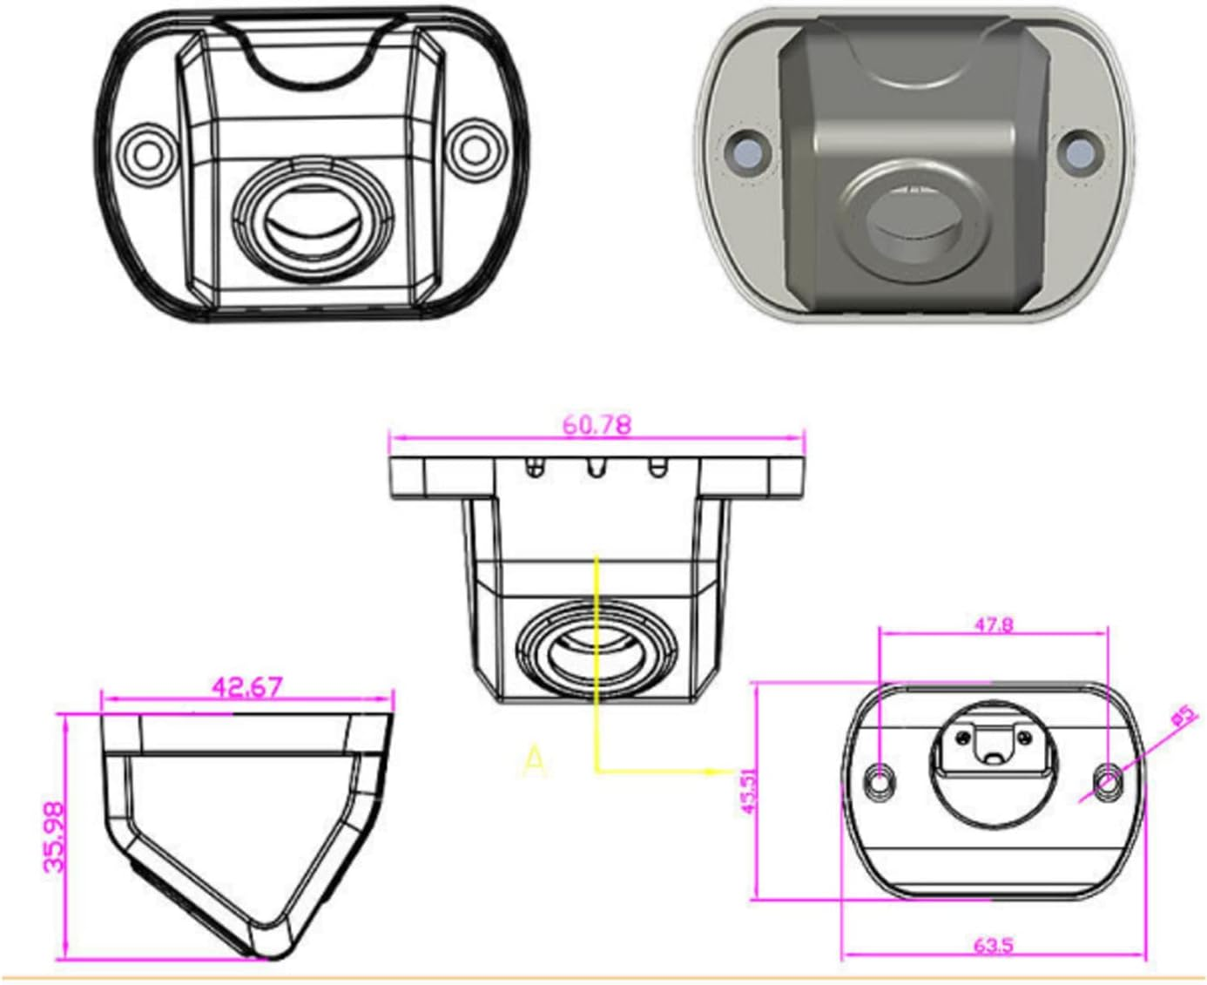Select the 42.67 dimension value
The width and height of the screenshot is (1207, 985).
click(x=247, y=686)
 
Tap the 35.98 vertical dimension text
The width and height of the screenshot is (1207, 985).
click(x=54, y=837)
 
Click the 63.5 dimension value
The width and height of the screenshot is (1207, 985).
click(x=993, y=944)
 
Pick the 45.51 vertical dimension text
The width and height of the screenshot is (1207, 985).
click(x=748, y=791)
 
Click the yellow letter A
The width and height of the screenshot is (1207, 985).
click(x=534, y=760)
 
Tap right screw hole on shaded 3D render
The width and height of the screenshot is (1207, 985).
click(x=1078, y=152)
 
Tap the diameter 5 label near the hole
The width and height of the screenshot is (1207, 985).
click(x=1182, y=717)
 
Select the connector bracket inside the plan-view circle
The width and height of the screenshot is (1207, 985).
click(x=994, y=743)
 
